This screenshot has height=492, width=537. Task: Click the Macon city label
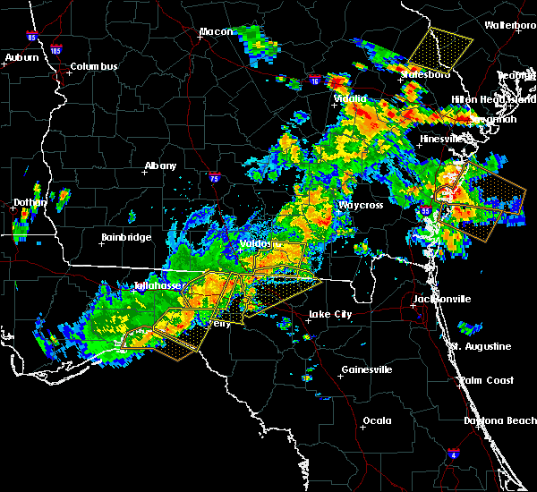[216, 32]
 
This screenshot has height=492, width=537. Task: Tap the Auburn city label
[21, 58]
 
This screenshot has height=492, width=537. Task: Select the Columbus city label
[94, 67]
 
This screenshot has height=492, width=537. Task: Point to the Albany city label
[160, 165]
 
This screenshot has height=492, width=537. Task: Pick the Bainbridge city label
[125, 237]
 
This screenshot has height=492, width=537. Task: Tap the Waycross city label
[360, 205]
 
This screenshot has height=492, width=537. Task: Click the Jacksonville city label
[440, 298]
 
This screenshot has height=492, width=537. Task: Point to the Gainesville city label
[367, 369]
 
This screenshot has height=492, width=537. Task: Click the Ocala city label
[376, 420]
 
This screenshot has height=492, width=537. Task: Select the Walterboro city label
[510, 25]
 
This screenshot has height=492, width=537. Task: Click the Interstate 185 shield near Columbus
[55, 52]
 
